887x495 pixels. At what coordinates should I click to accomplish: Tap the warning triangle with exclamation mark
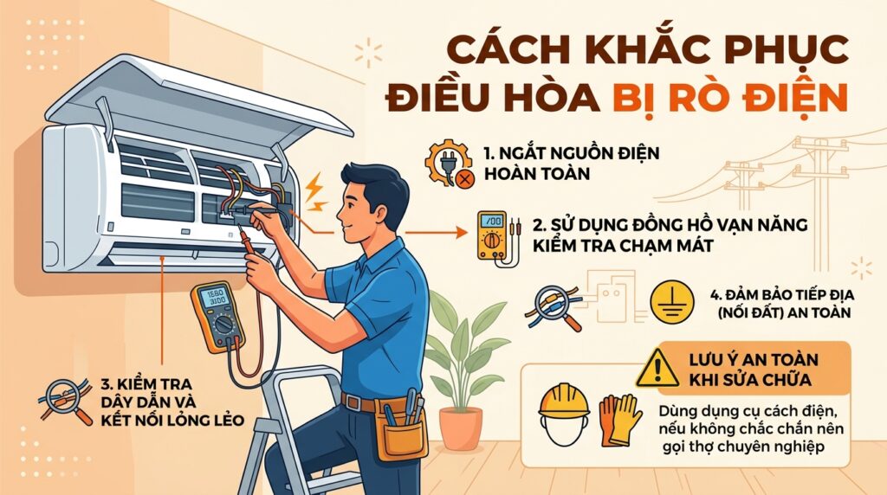pos(657,369)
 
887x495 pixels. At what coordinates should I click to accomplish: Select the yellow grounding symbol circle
pos(671,302)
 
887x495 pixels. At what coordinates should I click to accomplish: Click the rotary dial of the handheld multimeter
pos(223,325)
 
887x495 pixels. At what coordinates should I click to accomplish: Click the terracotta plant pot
pos(461,428)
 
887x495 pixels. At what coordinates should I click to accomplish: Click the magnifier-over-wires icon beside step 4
pos(555,307)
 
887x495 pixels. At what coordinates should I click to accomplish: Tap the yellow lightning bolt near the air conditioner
pos(315,191)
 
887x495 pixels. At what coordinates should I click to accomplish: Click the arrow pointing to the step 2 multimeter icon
pos(437,232)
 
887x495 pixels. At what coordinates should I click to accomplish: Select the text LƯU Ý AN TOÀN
pos(754,360)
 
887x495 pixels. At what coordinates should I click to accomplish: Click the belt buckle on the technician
pos(353,402)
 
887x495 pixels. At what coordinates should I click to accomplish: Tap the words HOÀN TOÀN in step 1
pos(537,173)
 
